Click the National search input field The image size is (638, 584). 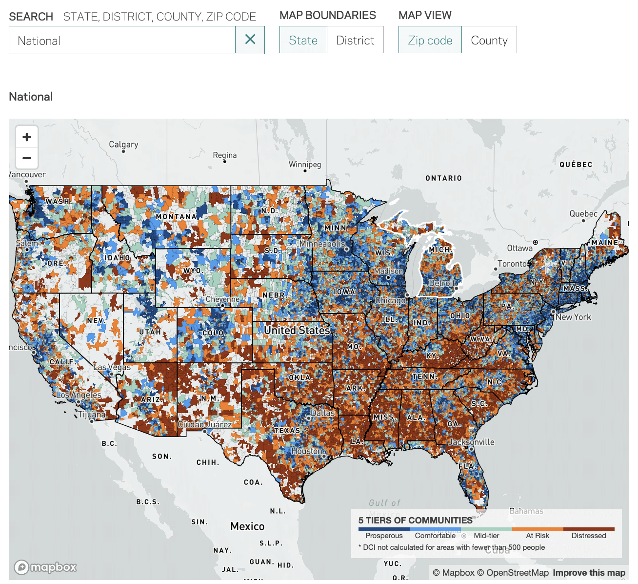click(122, 41)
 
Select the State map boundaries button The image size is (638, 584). click(303, 40)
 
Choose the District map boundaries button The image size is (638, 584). click(355, 40)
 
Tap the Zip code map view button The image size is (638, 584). click(430, 40)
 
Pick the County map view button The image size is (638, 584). click(489, 40)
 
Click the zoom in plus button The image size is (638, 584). click(27, 137)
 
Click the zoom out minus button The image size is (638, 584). click(27, 158)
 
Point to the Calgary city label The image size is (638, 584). click(123, 145)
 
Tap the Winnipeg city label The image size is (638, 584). click(305, 165)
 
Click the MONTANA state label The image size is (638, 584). click(176, 217)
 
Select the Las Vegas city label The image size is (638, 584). click(112, 367)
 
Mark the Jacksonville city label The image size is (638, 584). click(471, 442)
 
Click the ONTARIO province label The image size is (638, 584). click(443, 178)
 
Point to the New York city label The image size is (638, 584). click(573, 317)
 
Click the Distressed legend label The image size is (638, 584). click(588, 536)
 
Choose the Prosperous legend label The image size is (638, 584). click(384, 536)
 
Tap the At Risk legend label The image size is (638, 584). click(538, 536)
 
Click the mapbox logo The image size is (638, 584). click(45, 567)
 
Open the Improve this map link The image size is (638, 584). click(589, 573)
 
